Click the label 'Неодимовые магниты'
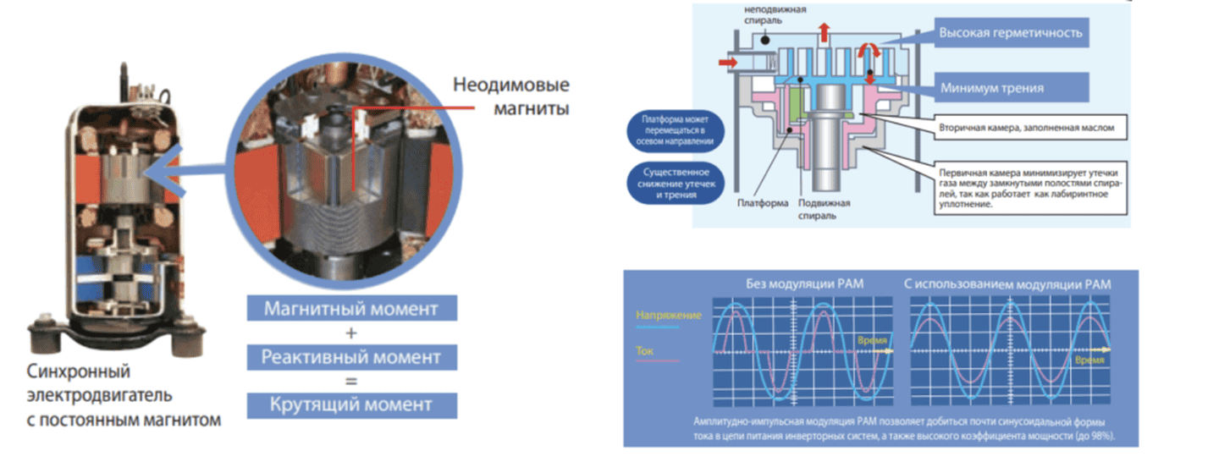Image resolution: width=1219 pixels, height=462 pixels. click(511, 96)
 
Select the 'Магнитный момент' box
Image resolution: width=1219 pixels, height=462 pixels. click(351, 308)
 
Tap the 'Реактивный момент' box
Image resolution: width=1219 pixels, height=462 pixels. click(351, 356)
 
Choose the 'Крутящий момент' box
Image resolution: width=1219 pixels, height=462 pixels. click(351, 404)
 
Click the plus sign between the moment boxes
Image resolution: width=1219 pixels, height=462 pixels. click(352, 332)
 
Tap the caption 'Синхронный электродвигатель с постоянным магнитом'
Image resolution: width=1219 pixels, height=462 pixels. click(124, 395)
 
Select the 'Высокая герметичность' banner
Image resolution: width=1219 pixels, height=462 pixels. click(1011, 35)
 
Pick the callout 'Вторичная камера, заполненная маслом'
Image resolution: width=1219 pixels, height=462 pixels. click(1032, 128)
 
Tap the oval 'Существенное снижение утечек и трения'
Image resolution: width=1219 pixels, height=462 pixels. click(668, 183)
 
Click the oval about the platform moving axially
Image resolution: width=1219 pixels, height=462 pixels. click(668, 131)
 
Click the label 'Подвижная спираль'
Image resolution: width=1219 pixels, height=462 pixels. click(824, 209)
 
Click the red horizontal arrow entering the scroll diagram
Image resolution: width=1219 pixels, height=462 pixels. click(727, 62)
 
